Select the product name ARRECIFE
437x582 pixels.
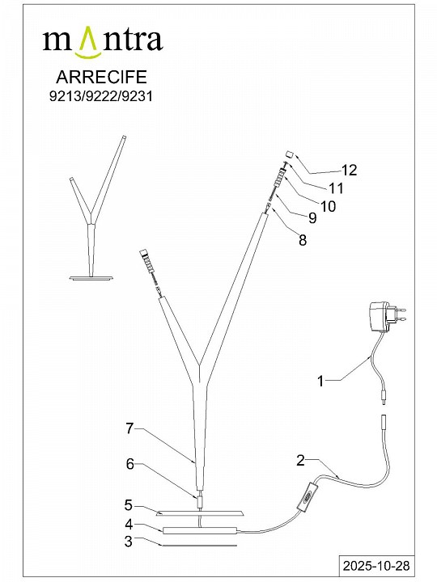tap(101, 77)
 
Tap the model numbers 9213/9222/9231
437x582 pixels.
tap(101, 96)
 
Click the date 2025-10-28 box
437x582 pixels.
tap(376, 566)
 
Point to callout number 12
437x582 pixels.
tap(349, 170)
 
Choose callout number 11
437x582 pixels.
tap(337, 188)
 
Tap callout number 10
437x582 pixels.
tap(328, 206)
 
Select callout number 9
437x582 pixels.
tap(312, 218)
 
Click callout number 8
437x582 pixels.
tap(303, 240)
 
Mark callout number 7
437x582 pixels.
tap(129, 428)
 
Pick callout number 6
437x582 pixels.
tap(129, 464)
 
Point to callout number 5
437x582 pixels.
tap(128, 505)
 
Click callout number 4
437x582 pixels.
tap(129, 524)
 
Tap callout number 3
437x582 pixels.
tap(128, 541)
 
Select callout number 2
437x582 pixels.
tap(300, 460)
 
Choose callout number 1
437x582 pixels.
tap(320, 381)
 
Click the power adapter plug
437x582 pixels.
tap(387, 316)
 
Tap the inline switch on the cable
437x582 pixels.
tap(308, 497)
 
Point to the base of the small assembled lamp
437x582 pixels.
tap(91, 277)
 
